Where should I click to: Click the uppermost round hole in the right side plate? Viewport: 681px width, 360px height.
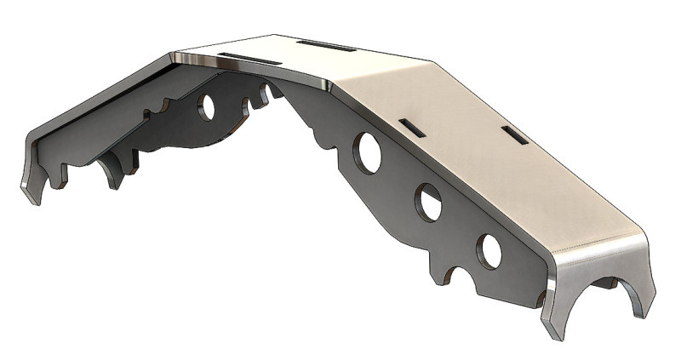click(369, 151)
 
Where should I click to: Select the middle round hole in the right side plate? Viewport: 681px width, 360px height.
click(428, 202)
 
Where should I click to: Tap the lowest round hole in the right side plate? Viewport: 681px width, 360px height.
click(489, 249)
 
